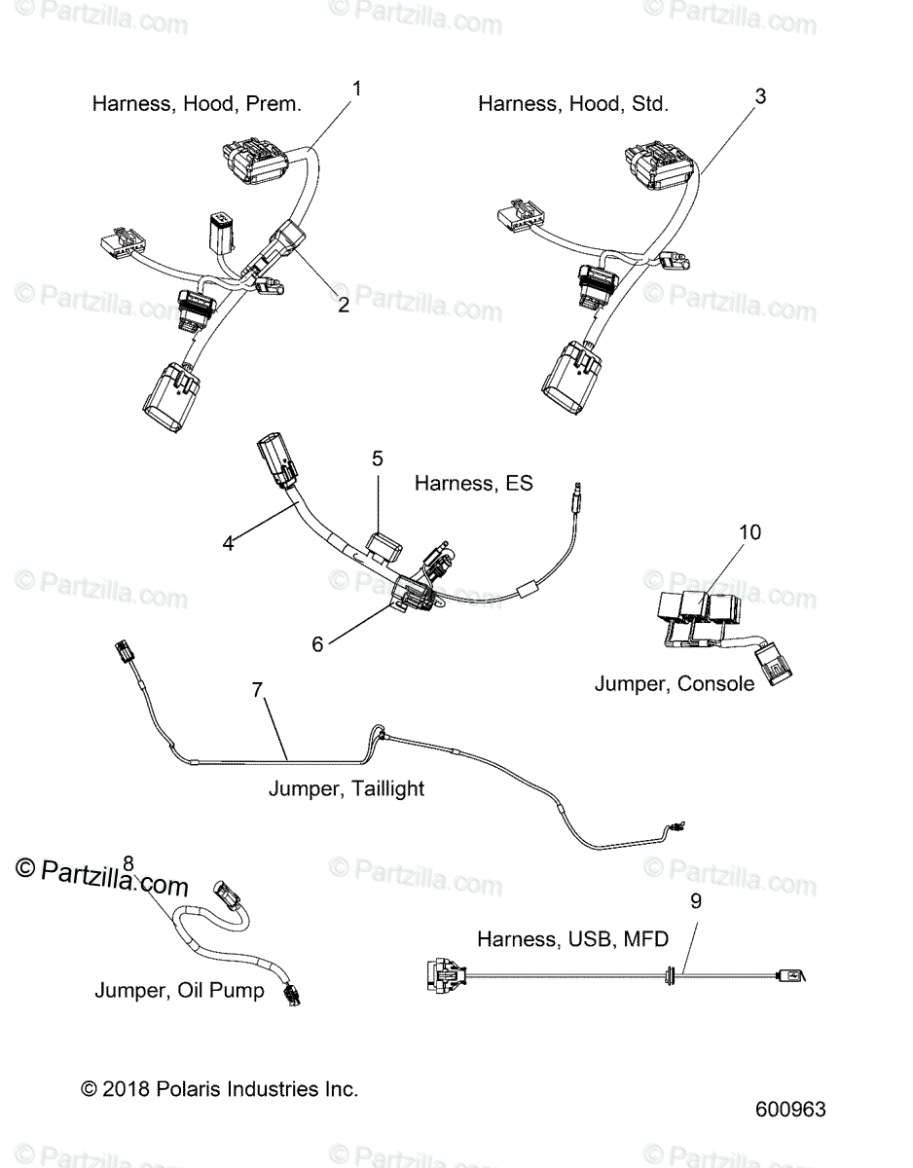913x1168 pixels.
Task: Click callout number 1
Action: pyautogui.click(x=355, y=89)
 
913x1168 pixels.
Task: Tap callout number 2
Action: pyautogui.click(x=344, y=305)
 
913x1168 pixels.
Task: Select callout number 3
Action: pyautogui.click(x=760, y=96)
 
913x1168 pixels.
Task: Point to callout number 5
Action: pyautogui.click(x=378, y=458)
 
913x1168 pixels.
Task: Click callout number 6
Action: pyautogui.click(x=317, y=644)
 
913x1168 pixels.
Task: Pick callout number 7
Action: pyautogui.click(x=257, y=690)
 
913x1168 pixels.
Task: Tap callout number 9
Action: pyautogui.click(x=695, y=901)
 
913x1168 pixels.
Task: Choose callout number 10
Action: pyautogui.click(x=749, y=532)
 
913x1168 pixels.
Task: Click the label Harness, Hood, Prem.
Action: pyautogui.click(x=197, y=104)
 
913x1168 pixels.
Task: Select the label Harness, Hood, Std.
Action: pyautogui.click(x=573, y=104)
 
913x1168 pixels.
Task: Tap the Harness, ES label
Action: pyautogui.click(x=473, y=483)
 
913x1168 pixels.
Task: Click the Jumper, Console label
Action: pyautogui.click(x=675, y=683)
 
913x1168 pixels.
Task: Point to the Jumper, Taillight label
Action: pyautogui.click(x=347, y=788)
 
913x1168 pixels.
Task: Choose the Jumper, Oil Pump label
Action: pyautogui.click(x=179, y=990)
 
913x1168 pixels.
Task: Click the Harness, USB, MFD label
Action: pyautogui.click(x=573, y=939)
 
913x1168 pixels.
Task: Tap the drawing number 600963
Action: pyautogui.click(x=790, y=1110)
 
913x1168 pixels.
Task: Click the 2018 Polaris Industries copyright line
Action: pyautogui.click(x=219, y=1089)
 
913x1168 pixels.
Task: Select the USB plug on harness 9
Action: pyautogui.click(x=790, y=974)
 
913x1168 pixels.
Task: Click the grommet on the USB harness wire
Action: pyautogui.click(x=670, y=974)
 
